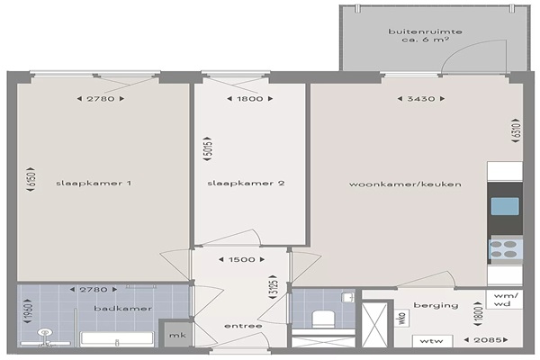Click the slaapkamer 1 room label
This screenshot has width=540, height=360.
coord(94,183)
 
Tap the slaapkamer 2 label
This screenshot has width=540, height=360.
coord(246,183)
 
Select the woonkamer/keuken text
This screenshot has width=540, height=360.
coord(405,184)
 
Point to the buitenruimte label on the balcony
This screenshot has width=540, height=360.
coord(426,31)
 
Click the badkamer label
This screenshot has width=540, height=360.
coord(123,309)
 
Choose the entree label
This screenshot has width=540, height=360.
coord(243,326)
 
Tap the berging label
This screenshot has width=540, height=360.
coord(436,305)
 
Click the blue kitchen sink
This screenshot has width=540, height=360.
coord(505,206)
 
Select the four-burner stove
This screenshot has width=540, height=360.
coord(505,249)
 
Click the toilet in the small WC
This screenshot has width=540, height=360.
coord(323,319)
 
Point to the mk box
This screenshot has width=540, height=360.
coord(177,334)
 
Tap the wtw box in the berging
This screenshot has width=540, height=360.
coord(433,341)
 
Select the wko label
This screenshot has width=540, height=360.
coord(402,318)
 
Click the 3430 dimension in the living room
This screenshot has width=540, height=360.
coord(421,99)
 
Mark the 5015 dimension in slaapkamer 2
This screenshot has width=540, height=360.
coord(208,149)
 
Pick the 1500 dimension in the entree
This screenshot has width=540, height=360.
coord(242,259)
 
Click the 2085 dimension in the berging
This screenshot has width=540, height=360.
coord(486,340)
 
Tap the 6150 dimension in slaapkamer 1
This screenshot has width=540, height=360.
coord(31,179)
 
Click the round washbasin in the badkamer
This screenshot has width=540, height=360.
coord(44,332)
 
